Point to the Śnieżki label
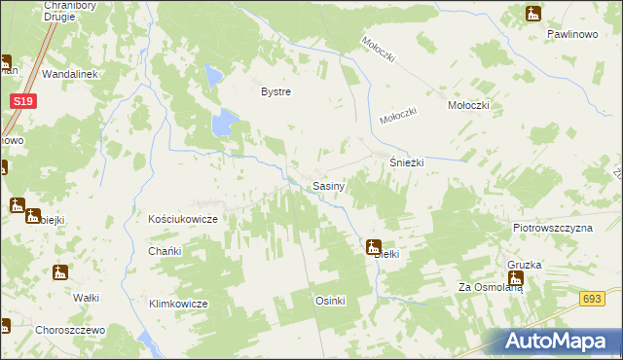point(407,163)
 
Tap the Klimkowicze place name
point(179,304)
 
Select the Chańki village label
point(165,251)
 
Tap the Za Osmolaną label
point(492,287)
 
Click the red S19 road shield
point(25,101)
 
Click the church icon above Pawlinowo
point(531,14)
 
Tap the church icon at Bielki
point(373,247)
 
